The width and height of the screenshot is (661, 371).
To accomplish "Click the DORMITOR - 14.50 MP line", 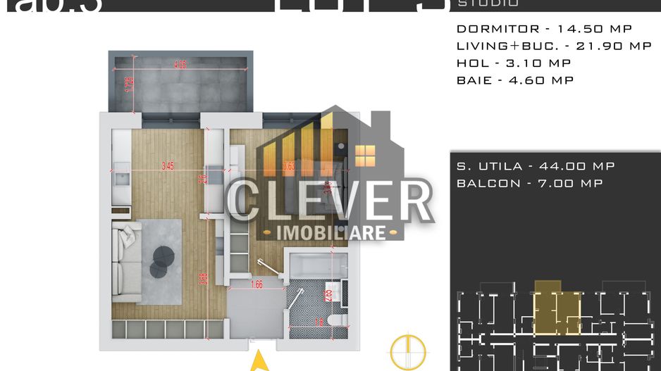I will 544,29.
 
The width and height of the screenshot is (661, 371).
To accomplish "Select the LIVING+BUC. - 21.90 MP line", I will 554,46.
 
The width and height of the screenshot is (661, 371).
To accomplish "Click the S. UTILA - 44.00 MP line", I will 536,166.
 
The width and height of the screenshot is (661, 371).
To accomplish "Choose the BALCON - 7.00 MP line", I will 529,183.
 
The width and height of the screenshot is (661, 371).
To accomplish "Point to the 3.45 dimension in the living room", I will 168,167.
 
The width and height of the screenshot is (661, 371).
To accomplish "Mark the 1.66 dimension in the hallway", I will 257,284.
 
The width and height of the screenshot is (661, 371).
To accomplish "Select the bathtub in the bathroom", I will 316,267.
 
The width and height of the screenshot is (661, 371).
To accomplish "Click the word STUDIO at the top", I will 488,4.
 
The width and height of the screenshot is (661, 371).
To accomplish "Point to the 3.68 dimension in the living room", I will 202,279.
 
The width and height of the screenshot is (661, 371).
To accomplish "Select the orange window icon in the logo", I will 365,156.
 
